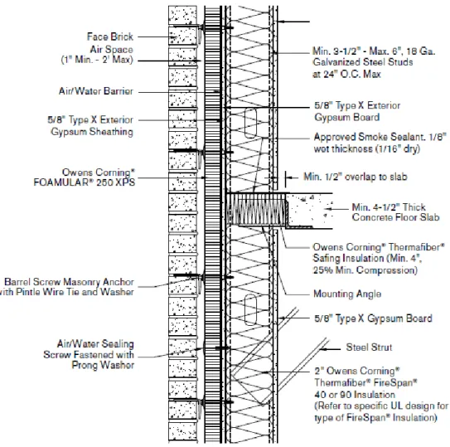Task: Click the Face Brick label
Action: (x=110, y=36)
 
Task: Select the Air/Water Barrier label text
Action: (x=96, y=91)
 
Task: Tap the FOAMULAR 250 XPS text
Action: (x=84, y=182)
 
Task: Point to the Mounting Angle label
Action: (x=347, y=294)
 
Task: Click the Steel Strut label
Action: (x=369, y=347)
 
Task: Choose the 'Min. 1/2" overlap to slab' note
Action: (x=356, y=177)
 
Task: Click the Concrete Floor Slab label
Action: (x=396, y=217)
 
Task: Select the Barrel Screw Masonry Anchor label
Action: (x=69, y=282)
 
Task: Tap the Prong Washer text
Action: (x=103, y=365)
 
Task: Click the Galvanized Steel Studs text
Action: (x=363, y=62)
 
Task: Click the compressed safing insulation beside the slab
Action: (x=258, y=209)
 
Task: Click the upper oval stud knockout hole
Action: (x=250, y=124)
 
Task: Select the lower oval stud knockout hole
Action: (x=250, y=309)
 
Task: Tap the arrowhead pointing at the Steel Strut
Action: (x=323, y=349)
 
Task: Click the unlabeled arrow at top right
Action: (x=293, y=22)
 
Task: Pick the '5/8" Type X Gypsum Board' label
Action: (x=374, y=318)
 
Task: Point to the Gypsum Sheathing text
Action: (x=92, y=132)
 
